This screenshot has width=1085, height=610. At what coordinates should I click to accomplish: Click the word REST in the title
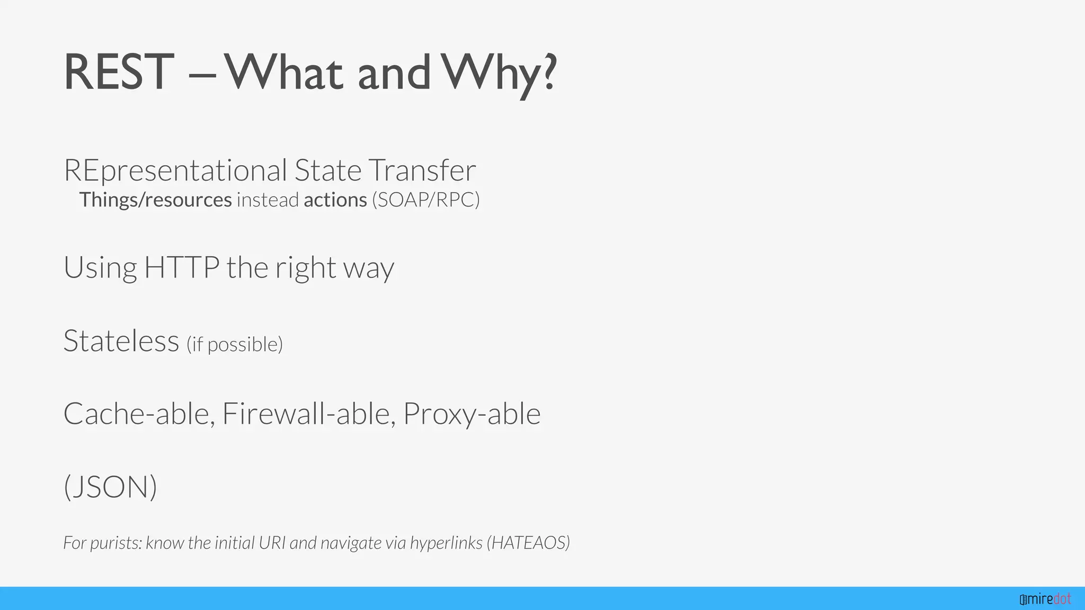(119, 73)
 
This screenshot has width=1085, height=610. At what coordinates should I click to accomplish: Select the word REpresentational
(175, 171)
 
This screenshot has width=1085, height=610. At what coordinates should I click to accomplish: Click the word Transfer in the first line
(422, 171)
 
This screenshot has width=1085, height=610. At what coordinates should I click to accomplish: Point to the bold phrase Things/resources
(155, 200)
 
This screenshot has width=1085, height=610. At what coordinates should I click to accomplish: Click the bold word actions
(335, 200)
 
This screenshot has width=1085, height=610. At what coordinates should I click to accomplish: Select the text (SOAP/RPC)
(426, 200)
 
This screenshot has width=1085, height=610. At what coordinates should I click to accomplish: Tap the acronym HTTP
(182, 267)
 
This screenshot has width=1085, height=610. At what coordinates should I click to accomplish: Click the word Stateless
(121, 340)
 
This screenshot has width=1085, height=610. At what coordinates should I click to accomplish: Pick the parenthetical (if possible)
(235, 344)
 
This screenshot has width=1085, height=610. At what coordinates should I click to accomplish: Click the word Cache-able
(139, 414)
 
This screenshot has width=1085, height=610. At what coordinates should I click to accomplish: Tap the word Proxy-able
(472, 414)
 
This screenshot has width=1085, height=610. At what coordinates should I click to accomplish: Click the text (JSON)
(110, 487)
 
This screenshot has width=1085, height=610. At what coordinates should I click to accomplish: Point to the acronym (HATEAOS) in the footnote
(528, 543)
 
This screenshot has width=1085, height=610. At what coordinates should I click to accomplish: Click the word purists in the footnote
(116, 543)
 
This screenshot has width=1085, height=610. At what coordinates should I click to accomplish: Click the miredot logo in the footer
(1045, 599)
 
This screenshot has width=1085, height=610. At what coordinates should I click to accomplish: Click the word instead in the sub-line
(268, 200)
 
